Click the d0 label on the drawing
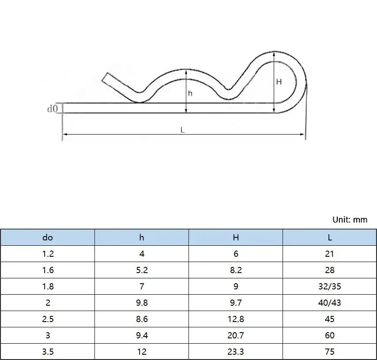tap(53, 108)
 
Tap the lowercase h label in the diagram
tap(190, 93)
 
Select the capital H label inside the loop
tap(279, 82)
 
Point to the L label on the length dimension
tap(182, 130)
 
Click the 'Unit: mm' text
tap(349, 219)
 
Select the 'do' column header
tap(48, 237)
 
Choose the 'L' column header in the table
tap(330, 237)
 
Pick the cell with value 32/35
tap(330, 286)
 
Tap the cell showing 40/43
tap(330, 303)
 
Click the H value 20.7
tap(236, 335)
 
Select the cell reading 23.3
tap(236, 352)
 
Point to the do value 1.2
tap(48, 254)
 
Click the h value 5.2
tap(142, 270)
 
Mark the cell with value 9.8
tap(142, 303)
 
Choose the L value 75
tap(330, 352)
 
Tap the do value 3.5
tap(48, 352)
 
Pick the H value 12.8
tap(236, 319)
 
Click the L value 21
tap(330, 254)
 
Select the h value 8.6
tap(142, 319)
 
